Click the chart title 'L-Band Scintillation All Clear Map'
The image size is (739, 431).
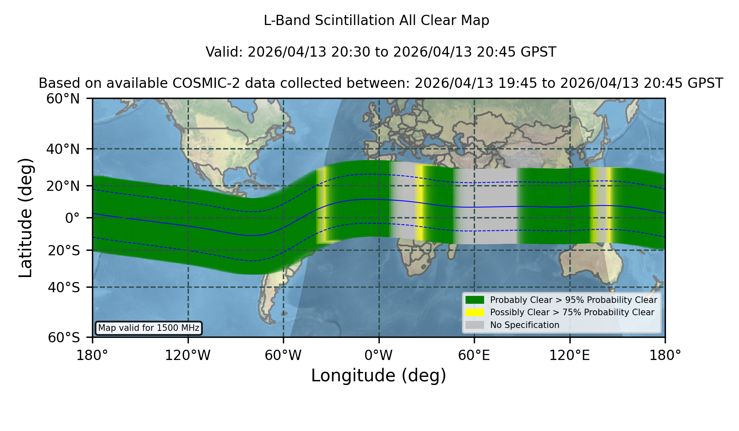pos(376,21)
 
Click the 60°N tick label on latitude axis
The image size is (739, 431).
pos(63,99)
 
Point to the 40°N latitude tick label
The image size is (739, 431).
pos(63,149)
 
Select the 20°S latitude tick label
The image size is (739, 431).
pos(64,250)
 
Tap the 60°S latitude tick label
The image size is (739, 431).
pos(64,338)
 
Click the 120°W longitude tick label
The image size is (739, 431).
pos(188,355)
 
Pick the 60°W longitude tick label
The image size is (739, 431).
pos(283,355)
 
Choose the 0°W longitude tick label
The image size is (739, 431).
pos(379,355)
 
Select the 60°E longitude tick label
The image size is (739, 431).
pos(474,355)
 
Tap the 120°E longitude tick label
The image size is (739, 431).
pos(570,355)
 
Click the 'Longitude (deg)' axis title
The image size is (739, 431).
pos(379,376)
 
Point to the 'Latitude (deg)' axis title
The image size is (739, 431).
pos(25,218)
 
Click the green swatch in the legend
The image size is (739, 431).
pos(475,300)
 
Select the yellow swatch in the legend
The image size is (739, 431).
pos(475,312)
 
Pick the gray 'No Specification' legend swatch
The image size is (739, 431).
pos(475,325)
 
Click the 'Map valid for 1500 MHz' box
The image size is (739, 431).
pos(149,328)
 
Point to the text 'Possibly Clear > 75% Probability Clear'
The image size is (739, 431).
pos(572,312)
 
